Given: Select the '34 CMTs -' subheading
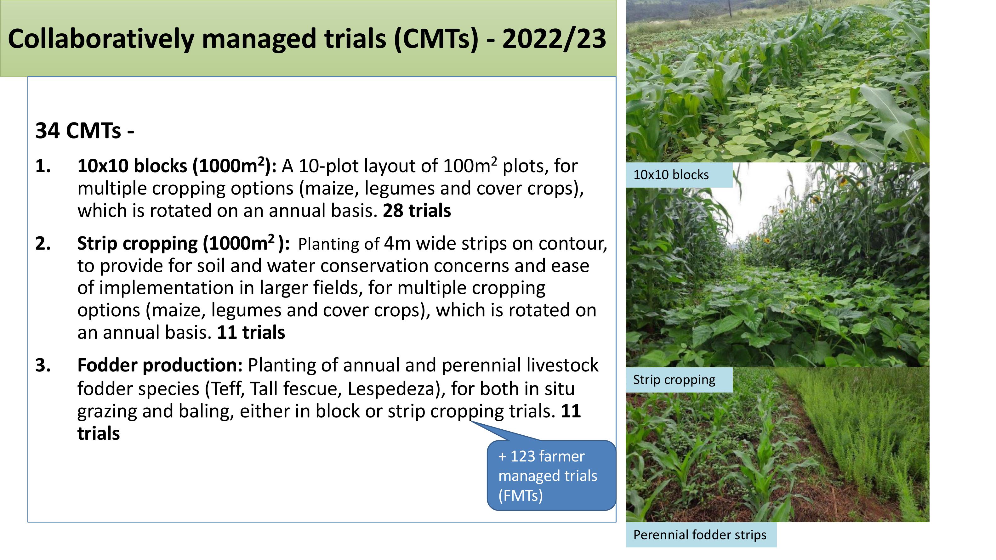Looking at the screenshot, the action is pos(85,131).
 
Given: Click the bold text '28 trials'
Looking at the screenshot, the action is pos(417,211).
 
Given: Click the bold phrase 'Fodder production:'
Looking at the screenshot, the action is pos(160,365).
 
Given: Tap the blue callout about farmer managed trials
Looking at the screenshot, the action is pos(551,475).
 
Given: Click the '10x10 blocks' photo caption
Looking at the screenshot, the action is pos(671,175).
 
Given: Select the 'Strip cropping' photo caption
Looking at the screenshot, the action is pos(674,380).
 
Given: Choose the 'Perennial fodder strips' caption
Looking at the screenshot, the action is pos(699,535).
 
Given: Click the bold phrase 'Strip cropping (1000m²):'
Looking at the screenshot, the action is pos(183,243).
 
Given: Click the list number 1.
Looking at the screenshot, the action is pos(43,166).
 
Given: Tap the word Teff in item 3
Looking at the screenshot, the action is pos(225,389).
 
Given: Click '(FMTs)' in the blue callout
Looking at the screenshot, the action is pos(521,495).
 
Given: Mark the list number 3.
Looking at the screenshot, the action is pos(43,365).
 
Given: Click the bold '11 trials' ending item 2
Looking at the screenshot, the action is pos(251,332).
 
